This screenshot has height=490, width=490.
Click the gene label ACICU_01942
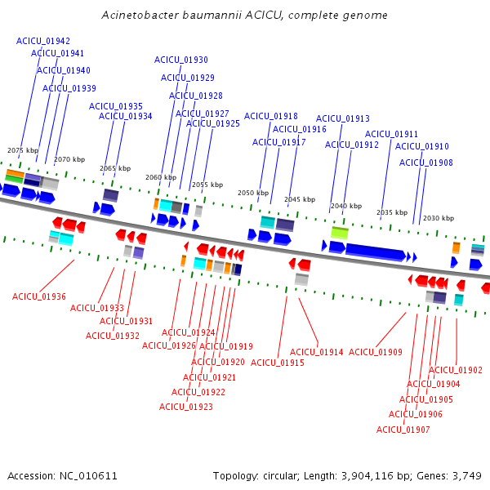click(43, 41)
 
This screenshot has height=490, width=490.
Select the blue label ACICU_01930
click(181, 60)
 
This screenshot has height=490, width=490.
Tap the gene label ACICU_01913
click(343, 118)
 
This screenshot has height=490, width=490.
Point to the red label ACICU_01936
click(39, 296)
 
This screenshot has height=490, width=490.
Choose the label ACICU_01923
click(186, 407)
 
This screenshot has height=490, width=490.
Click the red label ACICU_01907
click(403, 430)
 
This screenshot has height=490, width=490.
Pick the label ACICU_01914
click(317, 352)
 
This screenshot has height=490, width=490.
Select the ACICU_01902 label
click(456, 370)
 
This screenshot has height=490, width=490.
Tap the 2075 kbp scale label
click(23, 150)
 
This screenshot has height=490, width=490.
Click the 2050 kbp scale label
click(253, 193)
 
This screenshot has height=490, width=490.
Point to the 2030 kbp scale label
click(439, 218)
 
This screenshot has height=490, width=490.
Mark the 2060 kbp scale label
click(161, 177)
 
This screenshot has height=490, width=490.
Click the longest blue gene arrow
click(376, 252)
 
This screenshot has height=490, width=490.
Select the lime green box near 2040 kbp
click(340, 233)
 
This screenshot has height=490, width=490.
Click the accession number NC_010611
click(88, 476)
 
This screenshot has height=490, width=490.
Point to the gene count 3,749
click(467, 476)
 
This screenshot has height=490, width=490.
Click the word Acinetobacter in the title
click(140, 15)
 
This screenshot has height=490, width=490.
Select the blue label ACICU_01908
click(426, 163)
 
